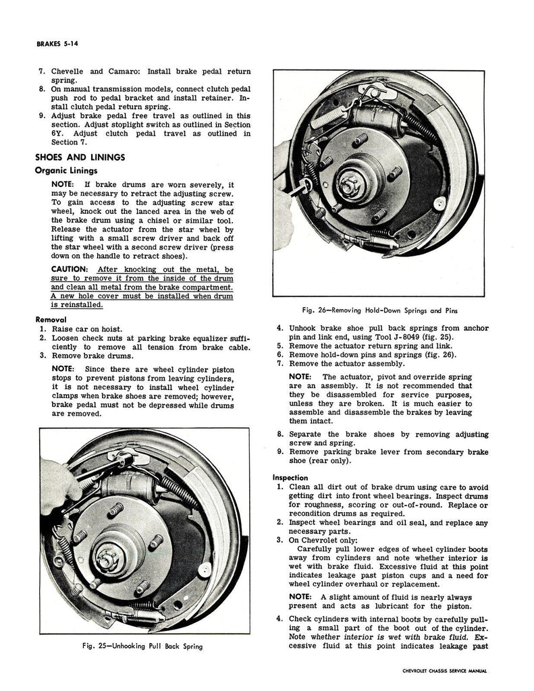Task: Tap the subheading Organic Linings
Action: click(66, 170)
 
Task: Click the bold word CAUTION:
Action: click(72, 269)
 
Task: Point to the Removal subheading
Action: click(50, 319)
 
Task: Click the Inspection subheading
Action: click(290, 478)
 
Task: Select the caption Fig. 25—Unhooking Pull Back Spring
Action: click(140, 646)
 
